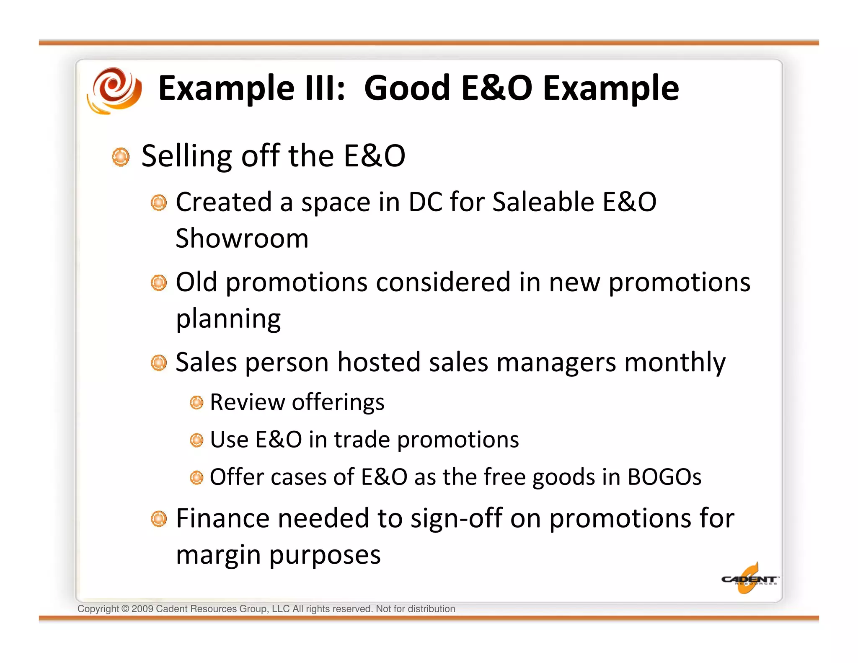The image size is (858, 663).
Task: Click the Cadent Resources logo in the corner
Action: pos(749,580)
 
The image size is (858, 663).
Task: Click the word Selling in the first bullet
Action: pos(187,156)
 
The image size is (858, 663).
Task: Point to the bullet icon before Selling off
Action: pos(121,157)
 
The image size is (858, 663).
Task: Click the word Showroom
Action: pos(242,238)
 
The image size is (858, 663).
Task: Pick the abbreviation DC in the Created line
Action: pos(425,202)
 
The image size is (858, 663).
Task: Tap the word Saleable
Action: pos(543,202)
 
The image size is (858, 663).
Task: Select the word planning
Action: pos(228,319)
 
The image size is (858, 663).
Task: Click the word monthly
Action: pos(675,363)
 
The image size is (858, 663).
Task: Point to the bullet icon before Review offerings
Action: pos(196,403)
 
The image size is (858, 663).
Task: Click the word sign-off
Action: pos(456,519)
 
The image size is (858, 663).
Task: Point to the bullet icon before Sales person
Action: pos(159,363)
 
